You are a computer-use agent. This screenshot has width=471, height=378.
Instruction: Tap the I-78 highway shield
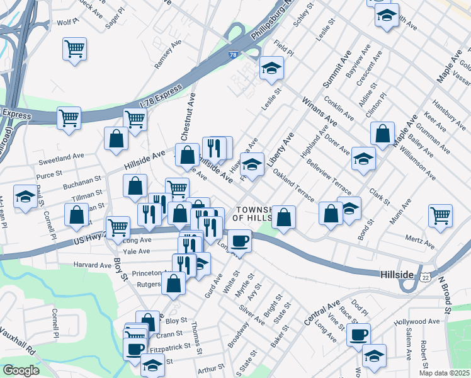pyautogui.click(x=234, y=55)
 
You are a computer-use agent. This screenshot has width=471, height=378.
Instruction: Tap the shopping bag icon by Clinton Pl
pyautogui.click(x=382, y=134)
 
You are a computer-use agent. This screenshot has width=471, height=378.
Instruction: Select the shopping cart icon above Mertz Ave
pyautogui.click(x=440, y=215)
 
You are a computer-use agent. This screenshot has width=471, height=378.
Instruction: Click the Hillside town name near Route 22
pyautogui.click(x=397, y=275)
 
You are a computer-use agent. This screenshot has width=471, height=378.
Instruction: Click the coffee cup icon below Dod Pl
pyautogui.click(x=358, y=335)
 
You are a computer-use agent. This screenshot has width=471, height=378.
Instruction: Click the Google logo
pyautogui.click(x=21, y=370)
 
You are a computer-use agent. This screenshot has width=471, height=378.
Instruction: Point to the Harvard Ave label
pyautogui.click(x=93, y=265)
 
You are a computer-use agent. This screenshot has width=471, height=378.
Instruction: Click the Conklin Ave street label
pyautogui.click(x=339, y=108)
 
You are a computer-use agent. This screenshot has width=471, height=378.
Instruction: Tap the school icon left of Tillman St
pyautogui.click(x=25, y=197)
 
